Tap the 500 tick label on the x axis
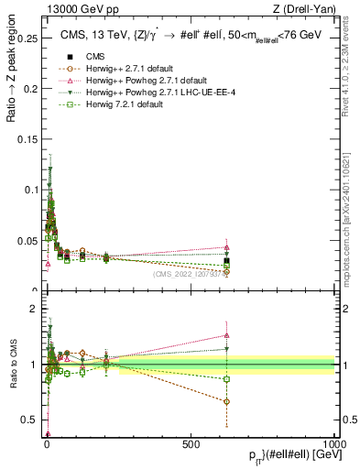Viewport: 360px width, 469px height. point(191,442)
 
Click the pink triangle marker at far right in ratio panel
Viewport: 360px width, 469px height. point(226,335)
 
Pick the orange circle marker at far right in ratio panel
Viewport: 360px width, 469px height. point(226,401)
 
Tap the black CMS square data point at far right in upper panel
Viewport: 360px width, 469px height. point(226,261)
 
